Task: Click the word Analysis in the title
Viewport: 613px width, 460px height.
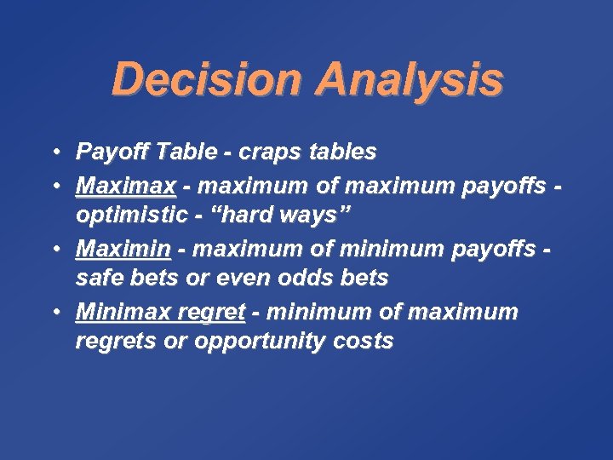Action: [409, 80]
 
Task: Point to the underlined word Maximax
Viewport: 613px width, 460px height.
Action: [126, 185]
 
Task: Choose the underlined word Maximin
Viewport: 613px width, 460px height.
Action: [123, 249]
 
